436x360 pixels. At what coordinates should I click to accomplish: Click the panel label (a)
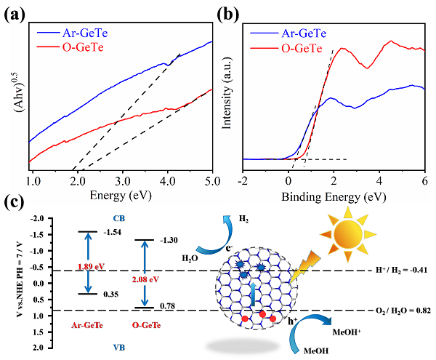click(14, 13)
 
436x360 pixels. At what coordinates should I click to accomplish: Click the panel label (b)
click(232, 13)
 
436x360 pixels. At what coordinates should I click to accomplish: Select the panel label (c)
click(14, 202)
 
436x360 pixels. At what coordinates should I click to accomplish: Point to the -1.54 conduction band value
click(111, 232)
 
